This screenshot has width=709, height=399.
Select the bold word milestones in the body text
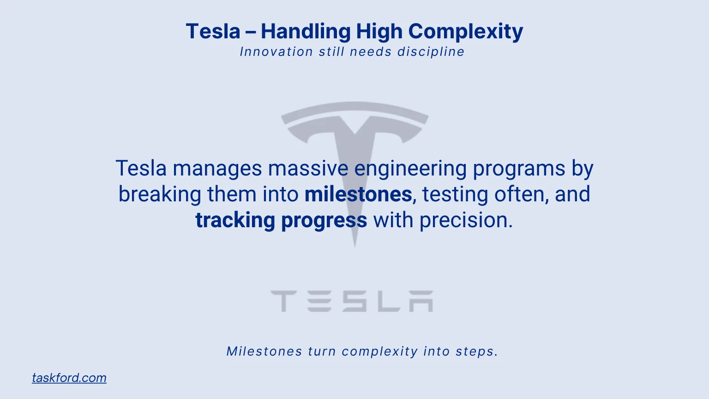[358, 194]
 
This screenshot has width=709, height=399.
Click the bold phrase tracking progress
[281, 220]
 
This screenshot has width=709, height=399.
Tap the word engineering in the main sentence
[410, 168]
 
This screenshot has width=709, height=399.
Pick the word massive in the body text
[308, 168]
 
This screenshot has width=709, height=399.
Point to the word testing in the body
[455, 194]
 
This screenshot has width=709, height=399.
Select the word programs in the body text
[519, 168]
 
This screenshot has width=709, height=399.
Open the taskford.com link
[69, 378]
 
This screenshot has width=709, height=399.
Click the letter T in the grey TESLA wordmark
[282, 301]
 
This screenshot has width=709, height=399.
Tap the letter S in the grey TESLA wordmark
[354, 301]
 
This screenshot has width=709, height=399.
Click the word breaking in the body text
[160, 194]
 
